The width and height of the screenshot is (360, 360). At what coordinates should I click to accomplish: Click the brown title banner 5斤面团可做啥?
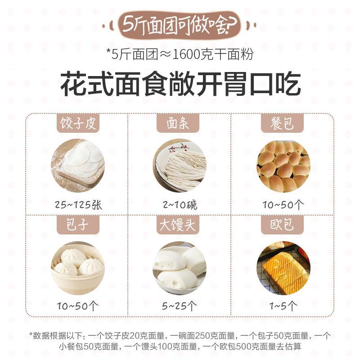tap(180, 25)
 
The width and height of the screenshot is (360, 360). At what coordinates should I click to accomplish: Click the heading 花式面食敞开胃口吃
tap(180, 84)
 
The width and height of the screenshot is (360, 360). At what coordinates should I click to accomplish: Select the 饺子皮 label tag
tap(78, 123)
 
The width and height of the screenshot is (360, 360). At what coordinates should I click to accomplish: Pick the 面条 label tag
tap(178, 123)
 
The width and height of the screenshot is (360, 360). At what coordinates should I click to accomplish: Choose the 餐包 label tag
tap(282, 123)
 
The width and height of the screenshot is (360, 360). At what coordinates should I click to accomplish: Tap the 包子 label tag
tap(78, 225)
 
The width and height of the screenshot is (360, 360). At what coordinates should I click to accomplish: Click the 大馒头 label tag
tap(178, 225)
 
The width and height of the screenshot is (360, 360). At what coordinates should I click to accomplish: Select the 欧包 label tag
tap(282, 225)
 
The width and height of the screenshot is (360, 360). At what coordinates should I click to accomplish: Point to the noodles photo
tap(180, 166)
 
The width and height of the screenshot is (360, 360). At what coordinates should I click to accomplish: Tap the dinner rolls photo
tap(283, 166)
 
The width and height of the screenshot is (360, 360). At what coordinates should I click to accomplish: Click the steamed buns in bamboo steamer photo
tap(78, 268)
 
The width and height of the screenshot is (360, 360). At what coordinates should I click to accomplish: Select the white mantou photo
tap(180, 268)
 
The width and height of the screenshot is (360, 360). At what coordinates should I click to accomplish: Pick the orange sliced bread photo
tap(283, 268)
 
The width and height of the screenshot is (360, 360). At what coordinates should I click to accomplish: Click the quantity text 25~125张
tap(78, 205)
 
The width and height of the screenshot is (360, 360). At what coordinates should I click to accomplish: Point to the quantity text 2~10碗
tap(180, 205)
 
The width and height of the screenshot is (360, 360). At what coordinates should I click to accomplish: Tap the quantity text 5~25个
tap(179, 306)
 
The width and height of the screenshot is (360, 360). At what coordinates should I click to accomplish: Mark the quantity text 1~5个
tap(283, 306)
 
